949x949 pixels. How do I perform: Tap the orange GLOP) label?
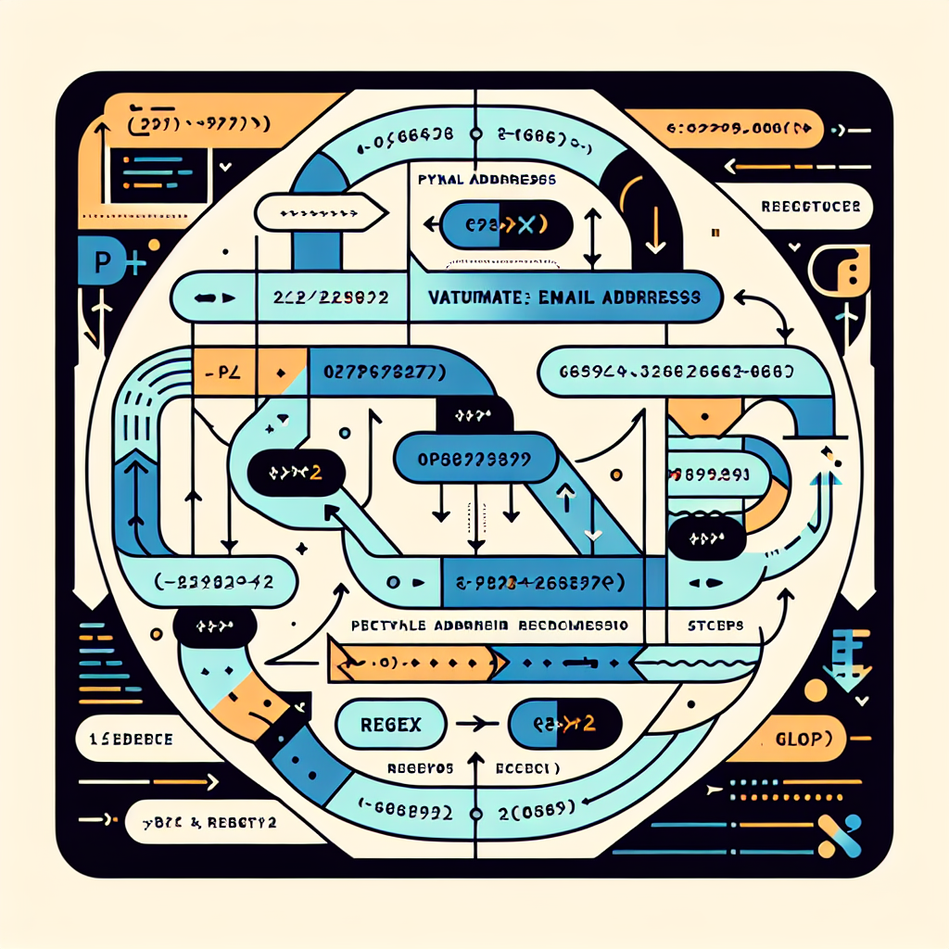pyautogui.click(x=798, y=740)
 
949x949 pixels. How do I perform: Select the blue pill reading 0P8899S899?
pyautogui.click(x=469, y=458)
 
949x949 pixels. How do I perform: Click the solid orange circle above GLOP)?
pyautogui.click(x=815, y=690)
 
